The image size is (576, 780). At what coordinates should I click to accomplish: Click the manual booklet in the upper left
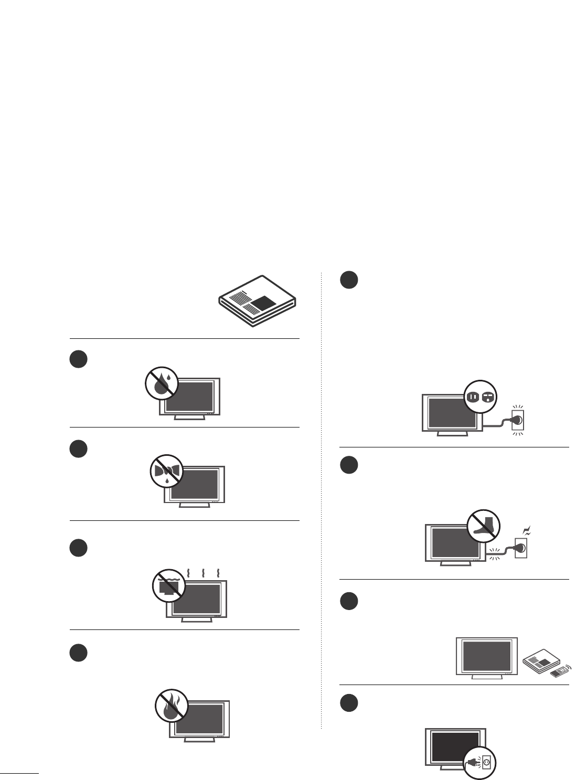[257, 301]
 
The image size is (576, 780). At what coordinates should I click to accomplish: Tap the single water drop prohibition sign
[162, 384]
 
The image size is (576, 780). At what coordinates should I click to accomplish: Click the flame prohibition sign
[172, 706]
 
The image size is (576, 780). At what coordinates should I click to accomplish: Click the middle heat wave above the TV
[202, 571]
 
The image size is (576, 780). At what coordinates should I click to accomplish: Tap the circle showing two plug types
[481, 397]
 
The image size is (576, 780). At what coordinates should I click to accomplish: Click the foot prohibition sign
[483, 526]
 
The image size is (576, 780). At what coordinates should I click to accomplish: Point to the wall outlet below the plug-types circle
[518, 420]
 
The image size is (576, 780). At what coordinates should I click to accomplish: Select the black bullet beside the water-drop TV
[78, 359]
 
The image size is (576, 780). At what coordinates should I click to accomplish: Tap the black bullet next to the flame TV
[78, 653]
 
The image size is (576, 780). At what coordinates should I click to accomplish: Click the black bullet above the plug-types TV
[349, 280]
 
